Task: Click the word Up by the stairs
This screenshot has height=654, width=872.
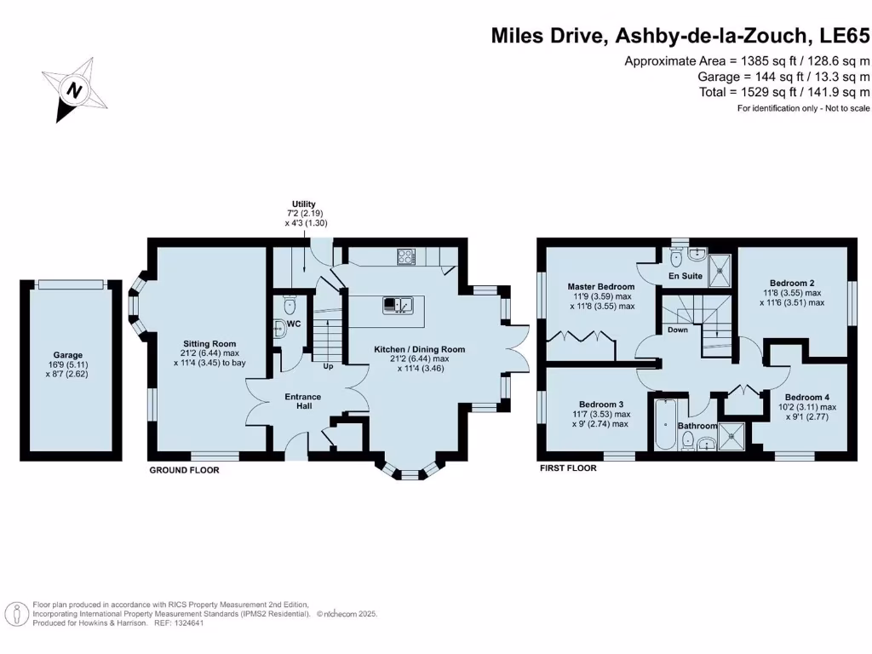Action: [327, 367]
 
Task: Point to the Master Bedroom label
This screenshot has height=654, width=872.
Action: [601, 287]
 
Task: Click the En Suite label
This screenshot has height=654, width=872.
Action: [684, 277]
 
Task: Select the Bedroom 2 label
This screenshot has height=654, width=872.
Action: [792, 283]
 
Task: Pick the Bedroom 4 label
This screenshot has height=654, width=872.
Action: [807, 397]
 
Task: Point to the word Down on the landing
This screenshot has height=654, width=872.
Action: [678, 330]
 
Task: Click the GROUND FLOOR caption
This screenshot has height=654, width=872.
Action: [184, 470]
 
